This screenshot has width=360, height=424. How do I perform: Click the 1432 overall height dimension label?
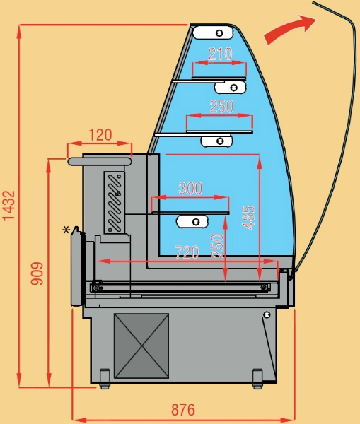point(8,206)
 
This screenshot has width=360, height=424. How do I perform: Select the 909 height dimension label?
point(37,273)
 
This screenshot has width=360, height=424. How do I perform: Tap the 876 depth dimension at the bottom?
point(183,410)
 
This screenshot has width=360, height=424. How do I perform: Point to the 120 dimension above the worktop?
point(100,135)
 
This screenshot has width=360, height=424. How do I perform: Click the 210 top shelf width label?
point(221,54)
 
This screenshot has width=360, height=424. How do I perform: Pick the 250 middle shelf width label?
point(221,106)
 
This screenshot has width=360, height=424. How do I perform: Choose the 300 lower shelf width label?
point(190,188)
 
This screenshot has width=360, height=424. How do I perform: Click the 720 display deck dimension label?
point(187,252)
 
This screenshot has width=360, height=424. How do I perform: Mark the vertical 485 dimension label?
point(249,218)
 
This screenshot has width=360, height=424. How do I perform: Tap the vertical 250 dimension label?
point(217,246)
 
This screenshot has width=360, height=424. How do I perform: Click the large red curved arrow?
point(290,29)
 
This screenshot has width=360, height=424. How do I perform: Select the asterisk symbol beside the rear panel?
point(66,230)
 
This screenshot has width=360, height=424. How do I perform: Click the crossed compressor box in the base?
point(141,346)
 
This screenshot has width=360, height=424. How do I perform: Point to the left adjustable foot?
point(105,379)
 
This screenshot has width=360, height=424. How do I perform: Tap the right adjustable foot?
point(257,379)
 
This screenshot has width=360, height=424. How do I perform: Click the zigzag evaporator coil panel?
point(115,202)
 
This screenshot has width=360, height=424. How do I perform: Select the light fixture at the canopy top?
point(212,33)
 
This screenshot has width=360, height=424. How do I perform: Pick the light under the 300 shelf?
point(192,222)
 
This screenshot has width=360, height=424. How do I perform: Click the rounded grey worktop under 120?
point(100,161)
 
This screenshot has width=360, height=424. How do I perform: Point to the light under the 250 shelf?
point(216,141)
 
